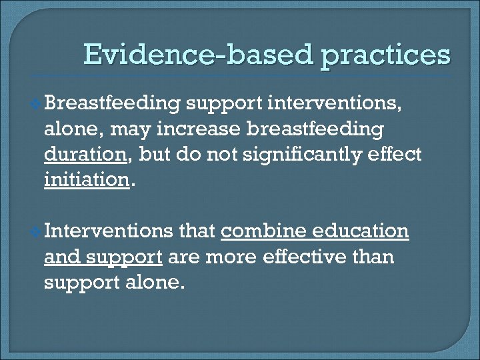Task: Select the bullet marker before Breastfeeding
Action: point(37,103)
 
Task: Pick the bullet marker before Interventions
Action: point(37,232)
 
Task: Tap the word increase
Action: point(206,129)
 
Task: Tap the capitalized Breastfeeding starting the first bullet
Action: point(114,104)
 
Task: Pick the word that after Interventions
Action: point(197,231)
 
